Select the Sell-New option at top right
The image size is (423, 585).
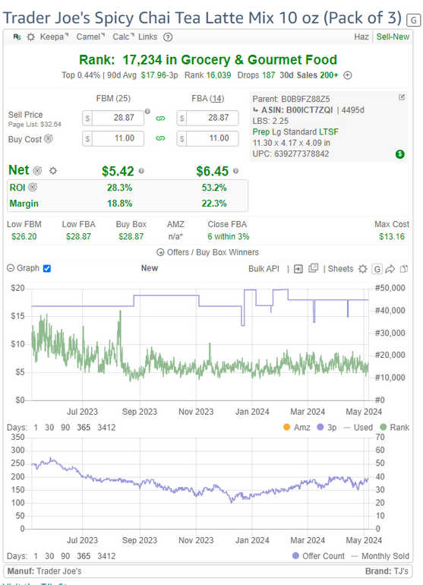tap(393, 36)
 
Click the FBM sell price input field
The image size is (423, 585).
tap(118, 118)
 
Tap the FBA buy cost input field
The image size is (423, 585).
tap(212, 138)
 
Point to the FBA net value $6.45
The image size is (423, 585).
tap(212, 171)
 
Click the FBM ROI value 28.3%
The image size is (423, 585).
tap(119, 188)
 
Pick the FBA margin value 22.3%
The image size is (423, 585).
tap(214, 204)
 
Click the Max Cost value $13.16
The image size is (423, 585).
tap(392, 236)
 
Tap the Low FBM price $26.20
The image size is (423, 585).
tap(24, 236)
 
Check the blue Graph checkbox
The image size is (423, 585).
tap(47, 268)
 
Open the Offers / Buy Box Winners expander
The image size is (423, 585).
tap(208, 252)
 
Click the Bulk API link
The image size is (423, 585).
tap(264, 269)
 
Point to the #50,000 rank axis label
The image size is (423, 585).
tap(390, 288)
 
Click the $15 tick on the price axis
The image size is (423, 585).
tap(17, 316)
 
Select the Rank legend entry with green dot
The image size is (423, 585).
tap(395, 427)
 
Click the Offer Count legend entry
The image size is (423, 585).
tap(318, 556)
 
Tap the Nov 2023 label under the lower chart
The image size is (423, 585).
tap(196, 540)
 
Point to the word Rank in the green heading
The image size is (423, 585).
tap(96, 60)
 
